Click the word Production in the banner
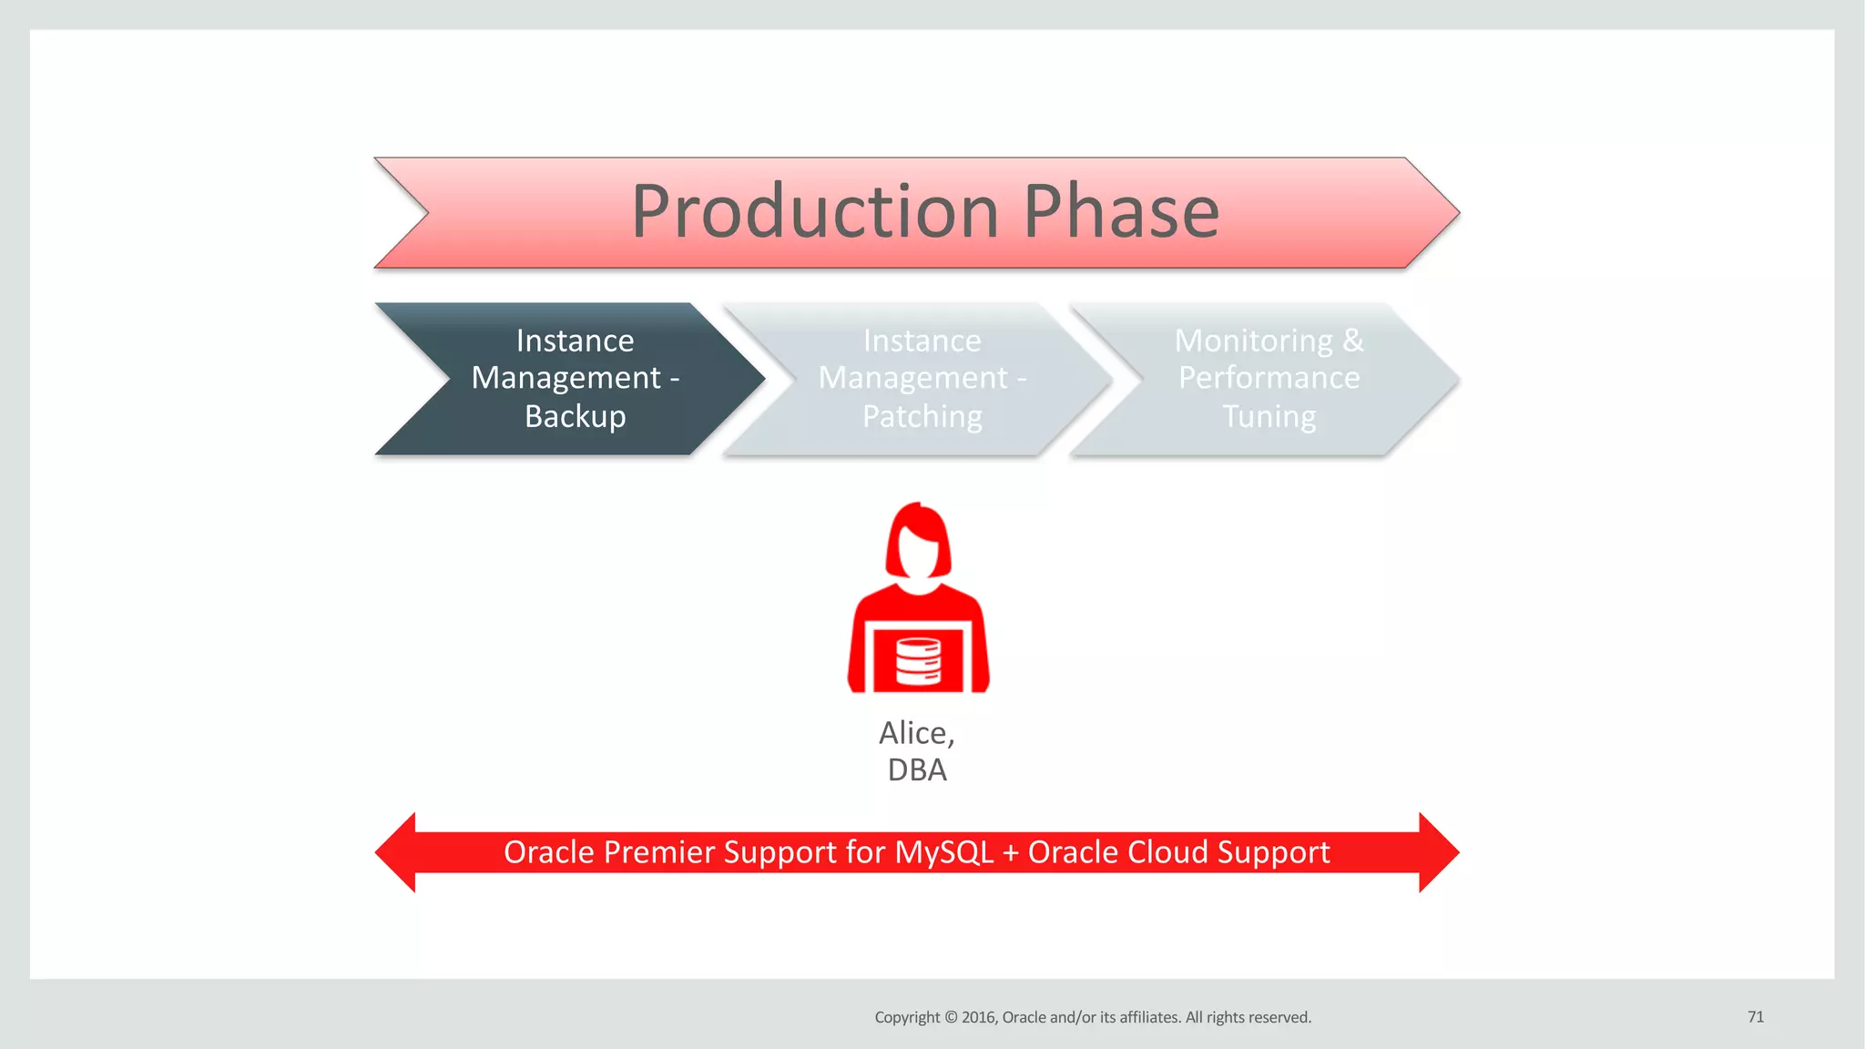814,211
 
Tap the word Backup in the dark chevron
575,416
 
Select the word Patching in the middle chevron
922,416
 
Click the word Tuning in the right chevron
1269,416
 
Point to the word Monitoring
1253,341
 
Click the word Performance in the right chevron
1269,378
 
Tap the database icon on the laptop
918,661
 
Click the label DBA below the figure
917,770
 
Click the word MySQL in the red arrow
943,852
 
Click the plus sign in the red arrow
1010,853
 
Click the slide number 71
1756,1016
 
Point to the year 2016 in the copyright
980,1017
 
